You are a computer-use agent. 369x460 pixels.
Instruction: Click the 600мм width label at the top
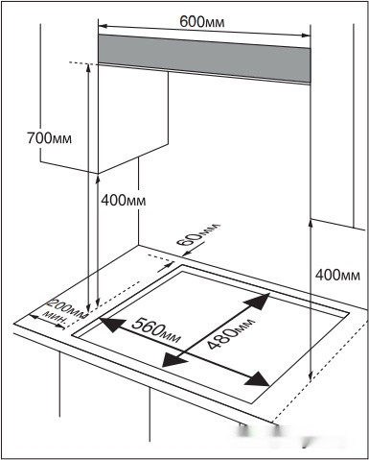[201, 21]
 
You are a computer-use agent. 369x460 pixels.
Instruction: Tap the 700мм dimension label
[50, 138]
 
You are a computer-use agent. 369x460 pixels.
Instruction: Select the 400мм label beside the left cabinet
[124, 201]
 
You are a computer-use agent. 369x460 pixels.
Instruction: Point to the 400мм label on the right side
[337, 275]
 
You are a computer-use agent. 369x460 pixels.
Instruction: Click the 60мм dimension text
[198, 234]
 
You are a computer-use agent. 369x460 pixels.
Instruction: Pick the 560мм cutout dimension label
[156, 329]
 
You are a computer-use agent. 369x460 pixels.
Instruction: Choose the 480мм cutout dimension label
[231, 332]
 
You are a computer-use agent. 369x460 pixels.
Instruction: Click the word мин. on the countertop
[56, 318]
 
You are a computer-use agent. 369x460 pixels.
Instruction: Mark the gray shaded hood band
[204, 59]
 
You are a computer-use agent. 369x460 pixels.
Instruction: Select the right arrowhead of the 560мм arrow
[257, 378]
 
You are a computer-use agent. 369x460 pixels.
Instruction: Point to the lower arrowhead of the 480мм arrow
[173, 359]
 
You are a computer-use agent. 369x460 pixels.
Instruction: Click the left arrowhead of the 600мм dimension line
[103, 25]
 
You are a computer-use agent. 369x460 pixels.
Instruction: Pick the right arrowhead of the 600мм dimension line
[306, 36]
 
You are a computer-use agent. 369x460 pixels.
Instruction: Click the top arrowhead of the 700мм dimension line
[88, 69]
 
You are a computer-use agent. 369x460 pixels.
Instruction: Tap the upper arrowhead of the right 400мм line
[311, 225]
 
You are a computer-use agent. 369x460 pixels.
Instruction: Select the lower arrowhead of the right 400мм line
[311, 376]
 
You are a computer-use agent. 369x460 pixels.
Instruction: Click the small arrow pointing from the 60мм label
[195, 250]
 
